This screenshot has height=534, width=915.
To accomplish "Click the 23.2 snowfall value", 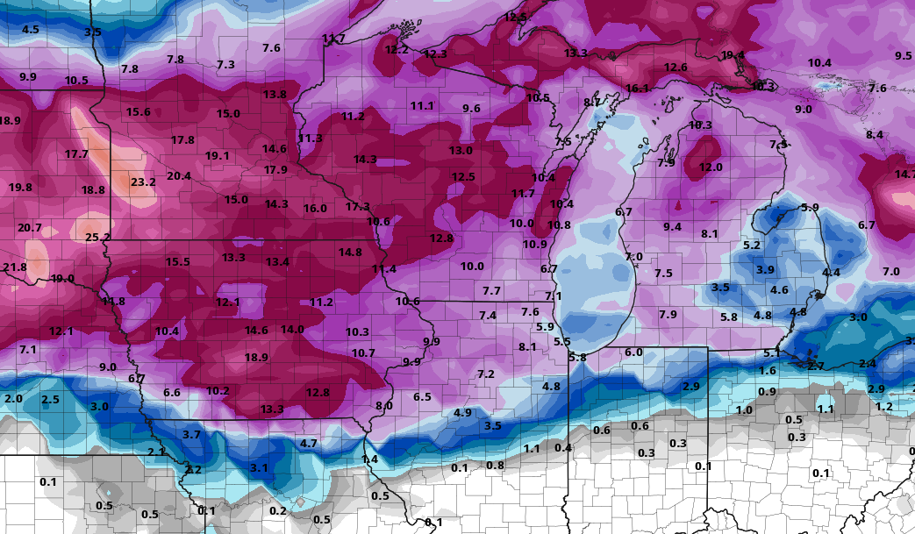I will coord(143,182).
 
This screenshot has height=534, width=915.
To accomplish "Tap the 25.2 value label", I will coord(98,238).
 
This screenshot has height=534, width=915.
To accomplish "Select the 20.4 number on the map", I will coord(179,176).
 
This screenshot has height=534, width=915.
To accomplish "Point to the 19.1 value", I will coord(218,156).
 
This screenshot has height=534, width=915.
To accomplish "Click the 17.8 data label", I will coord(182,140).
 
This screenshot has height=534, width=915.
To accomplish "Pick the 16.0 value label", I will coord(315,209).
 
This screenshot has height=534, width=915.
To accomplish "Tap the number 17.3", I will coord(357,207).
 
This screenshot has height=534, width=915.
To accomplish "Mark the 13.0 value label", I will coord(461,151).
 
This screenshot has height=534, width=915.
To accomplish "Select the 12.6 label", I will coord(676,68).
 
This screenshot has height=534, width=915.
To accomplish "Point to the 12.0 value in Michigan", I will coord(711,167).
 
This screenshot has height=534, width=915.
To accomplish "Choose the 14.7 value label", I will coord(904,174).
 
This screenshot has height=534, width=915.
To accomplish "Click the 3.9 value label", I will coord(766,270).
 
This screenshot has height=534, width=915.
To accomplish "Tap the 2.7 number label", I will coord(816,366).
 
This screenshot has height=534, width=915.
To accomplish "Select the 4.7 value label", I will coord(309,444).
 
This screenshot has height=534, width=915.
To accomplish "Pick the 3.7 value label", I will coord(191,435).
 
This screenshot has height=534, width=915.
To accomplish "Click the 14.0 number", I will coord(292,330).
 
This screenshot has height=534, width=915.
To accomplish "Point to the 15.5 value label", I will coord(178,262).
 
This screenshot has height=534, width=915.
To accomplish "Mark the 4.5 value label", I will coord(31,30).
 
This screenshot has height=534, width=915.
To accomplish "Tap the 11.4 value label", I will coord(384,269).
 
